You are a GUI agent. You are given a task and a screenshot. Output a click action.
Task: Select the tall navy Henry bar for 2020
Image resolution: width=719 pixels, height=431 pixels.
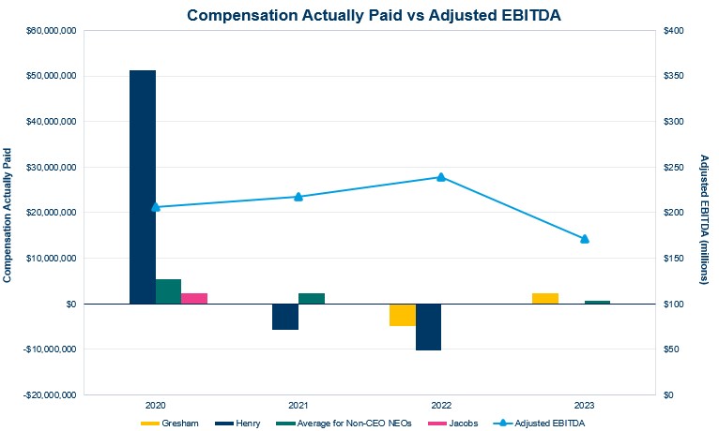pyautogui.click(x=143, y=187)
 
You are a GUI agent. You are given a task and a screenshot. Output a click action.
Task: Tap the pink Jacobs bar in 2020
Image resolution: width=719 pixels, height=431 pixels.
pyautogui.click(x=194, y=298)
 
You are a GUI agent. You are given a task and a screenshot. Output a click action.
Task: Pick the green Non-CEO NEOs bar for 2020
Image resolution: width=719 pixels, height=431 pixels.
pyautogui.click(x=168, y=291)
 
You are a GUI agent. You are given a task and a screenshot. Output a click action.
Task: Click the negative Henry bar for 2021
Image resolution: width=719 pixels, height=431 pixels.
pyautogui.click(x=285, y=317)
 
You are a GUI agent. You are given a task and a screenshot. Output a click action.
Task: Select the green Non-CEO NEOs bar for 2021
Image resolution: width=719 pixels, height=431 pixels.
pyautogui.click(x=312, y=298)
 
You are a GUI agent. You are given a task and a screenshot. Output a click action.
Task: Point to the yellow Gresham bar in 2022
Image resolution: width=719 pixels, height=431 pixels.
pyautogui.click(x=403, y=315)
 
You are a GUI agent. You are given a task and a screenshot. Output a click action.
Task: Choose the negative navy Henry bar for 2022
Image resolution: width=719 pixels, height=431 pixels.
pyautogui.click(x=428, y=327)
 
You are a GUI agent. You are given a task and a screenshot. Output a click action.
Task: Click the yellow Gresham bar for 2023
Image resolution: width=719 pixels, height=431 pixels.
pyautogui.click(x=545, y=298)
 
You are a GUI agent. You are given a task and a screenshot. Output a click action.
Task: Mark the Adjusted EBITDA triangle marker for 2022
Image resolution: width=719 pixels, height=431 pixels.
pyautogui.click(x=441, y=177)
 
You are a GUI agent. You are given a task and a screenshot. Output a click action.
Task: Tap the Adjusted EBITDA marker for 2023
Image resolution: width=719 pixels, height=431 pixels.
pyautogui.click(x=584, y=239)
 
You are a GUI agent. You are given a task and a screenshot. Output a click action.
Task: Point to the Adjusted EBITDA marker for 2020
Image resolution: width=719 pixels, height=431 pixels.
pyautogui.click(x=156, y=207)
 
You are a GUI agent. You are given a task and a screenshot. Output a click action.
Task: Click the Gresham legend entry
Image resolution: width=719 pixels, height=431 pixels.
pyautogui.click(x=173, y=424)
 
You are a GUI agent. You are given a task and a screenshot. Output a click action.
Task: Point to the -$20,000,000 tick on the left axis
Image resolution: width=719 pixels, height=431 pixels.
pyautogui.click(x=47, y=395)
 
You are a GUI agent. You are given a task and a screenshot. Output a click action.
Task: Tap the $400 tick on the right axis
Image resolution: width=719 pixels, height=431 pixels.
pyautogui.click(x=676, y=31)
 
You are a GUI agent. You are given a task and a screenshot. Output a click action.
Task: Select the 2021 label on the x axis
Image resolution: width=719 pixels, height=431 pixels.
pyautogui.click(x=298, y=407)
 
